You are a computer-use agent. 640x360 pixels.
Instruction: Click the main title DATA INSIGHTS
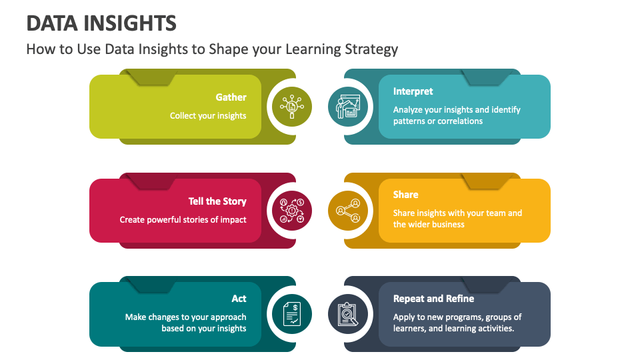101,23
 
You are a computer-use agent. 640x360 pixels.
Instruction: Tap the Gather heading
231,97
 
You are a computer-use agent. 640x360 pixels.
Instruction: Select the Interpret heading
413,91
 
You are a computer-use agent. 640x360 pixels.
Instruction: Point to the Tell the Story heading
217,201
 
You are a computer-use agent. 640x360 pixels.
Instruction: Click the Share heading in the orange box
405,195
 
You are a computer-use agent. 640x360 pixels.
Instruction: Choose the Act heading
239,299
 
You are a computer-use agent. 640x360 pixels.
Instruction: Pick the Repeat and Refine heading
433,299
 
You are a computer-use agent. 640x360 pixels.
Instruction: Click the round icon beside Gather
291,107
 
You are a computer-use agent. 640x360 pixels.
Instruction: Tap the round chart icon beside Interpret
348,107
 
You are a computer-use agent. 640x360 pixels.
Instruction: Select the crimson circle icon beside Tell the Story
291,211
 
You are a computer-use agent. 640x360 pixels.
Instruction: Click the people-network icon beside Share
348,211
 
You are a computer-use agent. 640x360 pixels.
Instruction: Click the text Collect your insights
208,116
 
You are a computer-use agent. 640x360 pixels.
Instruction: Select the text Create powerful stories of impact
183,220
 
